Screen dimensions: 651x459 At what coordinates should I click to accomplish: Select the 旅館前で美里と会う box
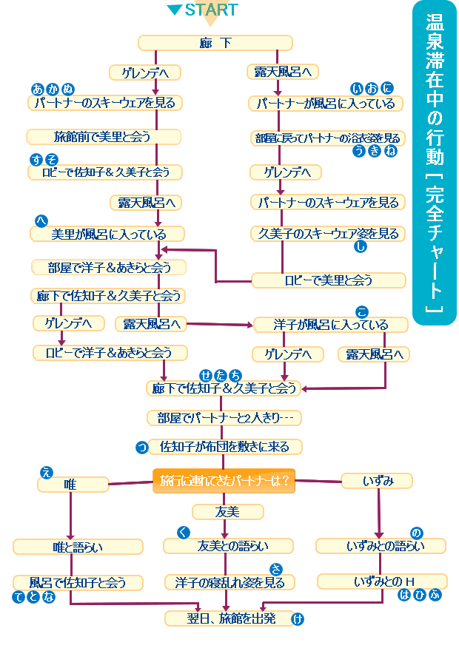104,137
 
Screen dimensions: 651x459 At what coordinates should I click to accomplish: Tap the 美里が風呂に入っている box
107,235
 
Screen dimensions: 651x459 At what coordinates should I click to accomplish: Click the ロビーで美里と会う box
328,280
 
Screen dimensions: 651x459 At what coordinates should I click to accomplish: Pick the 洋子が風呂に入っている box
330,324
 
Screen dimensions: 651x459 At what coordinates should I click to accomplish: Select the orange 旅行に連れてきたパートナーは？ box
224,480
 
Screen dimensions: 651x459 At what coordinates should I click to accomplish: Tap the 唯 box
72,485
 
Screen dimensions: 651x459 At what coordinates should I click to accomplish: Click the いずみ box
378,481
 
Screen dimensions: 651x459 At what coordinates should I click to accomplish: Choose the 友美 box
227,511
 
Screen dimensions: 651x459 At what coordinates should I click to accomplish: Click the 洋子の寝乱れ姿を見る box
229,582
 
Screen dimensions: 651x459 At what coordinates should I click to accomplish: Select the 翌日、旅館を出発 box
229,618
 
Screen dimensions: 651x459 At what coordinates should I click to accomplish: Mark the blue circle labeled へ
41,221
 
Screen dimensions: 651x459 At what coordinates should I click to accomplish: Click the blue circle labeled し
361,247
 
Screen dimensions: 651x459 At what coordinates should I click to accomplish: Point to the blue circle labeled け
298,619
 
